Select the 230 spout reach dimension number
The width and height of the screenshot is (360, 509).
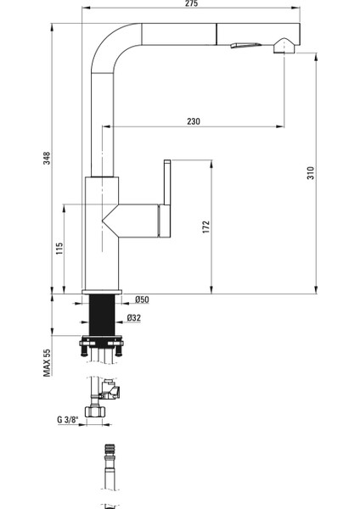coord(194,121)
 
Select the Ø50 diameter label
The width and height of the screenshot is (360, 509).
coord(142,299)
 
